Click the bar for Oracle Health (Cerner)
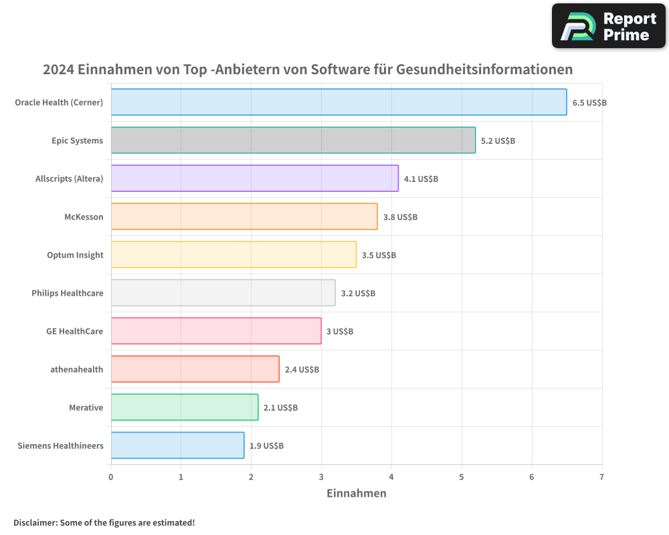point(339,102)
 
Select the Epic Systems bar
point(293,140)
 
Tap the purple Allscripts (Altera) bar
point(254,179)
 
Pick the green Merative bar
point(184,407)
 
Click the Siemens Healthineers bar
point(177,445)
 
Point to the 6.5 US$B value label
point(589,102)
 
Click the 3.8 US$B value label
point(400,217)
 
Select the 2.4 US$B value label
point(302,369)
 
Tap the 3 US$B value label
point(340,331)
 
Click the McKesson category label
point(84,217)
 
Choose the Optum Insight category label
point(75,255)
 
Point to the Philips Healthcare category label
point(68,293)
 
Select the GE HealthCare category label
point(74,331)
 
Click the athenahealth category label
point(77,369)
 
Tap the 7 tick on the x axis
point(601,477)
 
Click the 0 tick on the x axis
point(111,477)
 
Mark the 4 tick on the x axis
point(391,477)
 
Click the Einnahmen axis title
point(356,494)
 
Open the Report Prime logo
point(608,26)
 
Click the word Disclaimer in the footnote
point(35,522)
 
